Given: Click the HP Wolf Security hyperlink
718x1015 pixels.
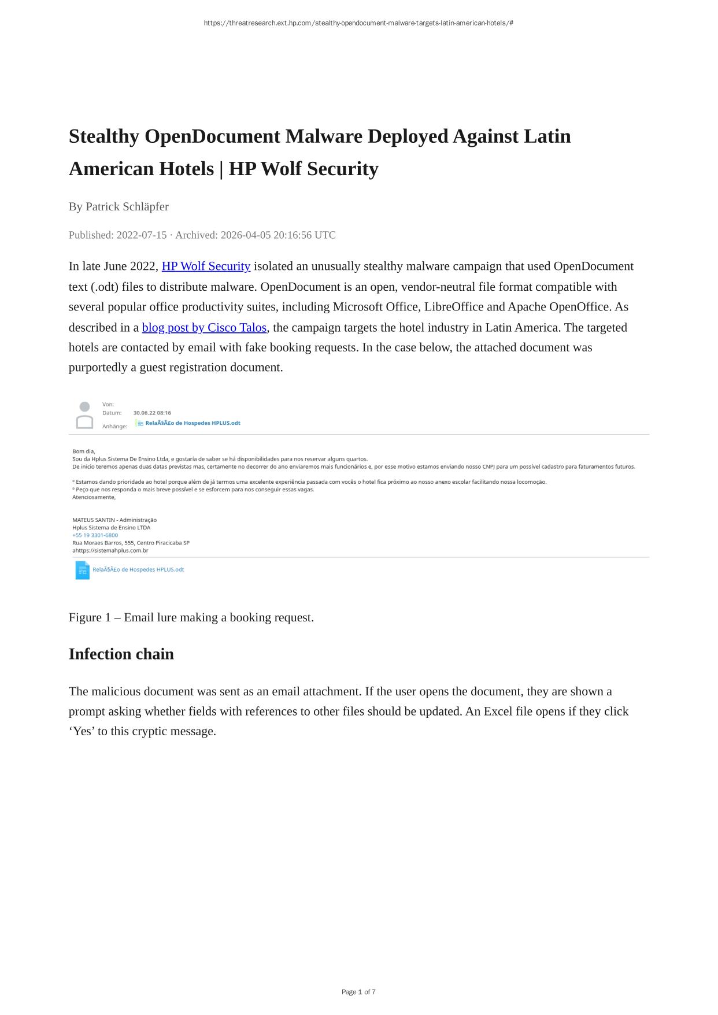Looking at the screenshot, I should [206, 266].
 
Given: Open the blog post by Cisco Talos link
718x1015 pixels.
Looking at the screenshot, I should [204, 328].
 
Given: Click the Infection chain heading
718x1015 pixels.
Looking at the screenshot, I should [121, 654].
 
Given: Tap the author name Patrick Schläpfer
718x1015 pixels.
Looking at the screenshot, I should [127, 206].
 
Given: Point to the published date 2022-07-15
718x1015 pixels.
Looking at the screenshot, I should [141, 235].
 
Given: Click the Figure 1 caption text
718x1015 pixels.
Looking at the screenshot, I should [191, 617].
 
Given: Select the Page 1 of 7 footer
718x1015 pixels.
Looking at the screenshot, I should [358, 992].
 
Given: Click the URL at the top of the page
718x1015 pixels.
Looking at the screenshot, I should [358, 23].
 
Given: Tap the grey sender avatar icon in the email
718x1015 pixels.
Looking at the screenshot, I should [84, 415].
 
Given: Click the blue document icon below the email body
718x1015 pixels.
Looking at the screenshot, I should [82, 570].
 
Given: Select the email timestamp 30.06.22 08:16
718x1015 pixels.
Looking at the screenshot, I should [152, 413].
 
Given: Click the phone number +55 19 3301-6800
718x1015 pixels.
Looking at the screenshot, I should [95, 535].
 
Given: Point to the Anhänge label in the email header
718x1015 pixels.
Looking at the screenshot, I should [114, 427].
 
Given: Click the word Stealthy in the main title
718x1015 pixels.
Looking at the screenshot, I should [104, 136].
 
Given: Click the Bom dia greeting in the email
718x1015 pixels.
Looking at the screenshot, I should [83, 451].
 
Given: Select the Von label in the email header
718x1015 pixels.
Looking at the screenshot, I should [108, 405].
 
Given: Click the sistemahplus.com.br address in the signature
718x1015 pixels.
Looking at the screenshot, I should [112, 551].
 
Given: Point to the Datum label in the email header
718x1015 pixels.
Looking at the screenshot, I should [112, 413].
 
